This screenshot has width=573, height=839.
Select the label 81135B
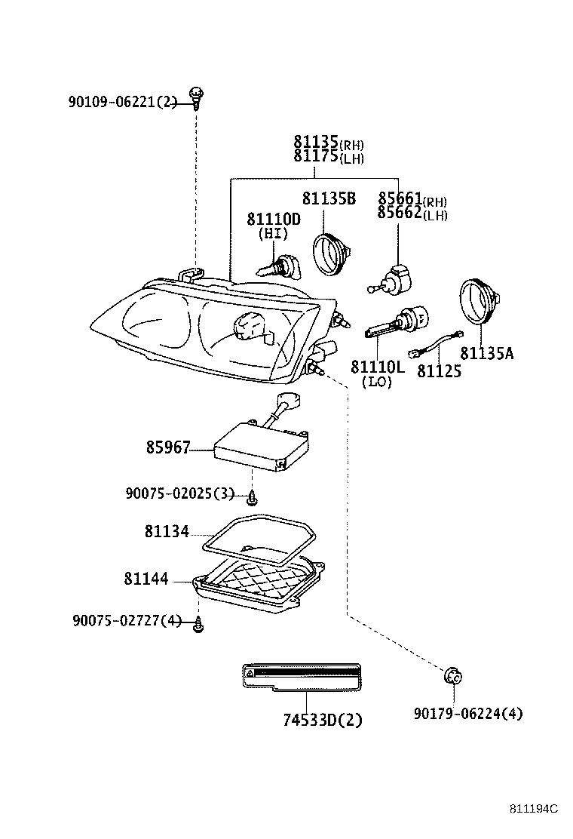[328, 199]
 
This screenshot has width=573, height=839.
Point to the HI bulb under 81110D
[278, 267]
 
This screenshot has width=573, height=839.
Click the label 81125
[440, 371]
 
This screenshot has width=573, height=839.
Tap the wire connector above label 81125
[431, 347]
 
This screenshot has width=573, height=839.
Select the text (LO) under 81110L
[378, 383]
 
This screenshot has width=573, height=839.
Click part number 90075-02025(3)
[181, 493]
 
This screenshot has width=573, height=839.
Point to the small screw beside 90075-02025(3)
[253, 496]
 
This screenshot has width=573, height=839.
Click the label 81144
[146, 579]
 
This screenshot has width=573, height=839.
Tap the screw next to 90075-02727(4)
[200, 623]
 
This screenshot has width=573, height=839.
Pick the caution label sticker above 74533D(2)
[301, 676]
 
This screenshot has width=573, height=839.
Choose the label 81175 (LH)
[329, 157]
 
